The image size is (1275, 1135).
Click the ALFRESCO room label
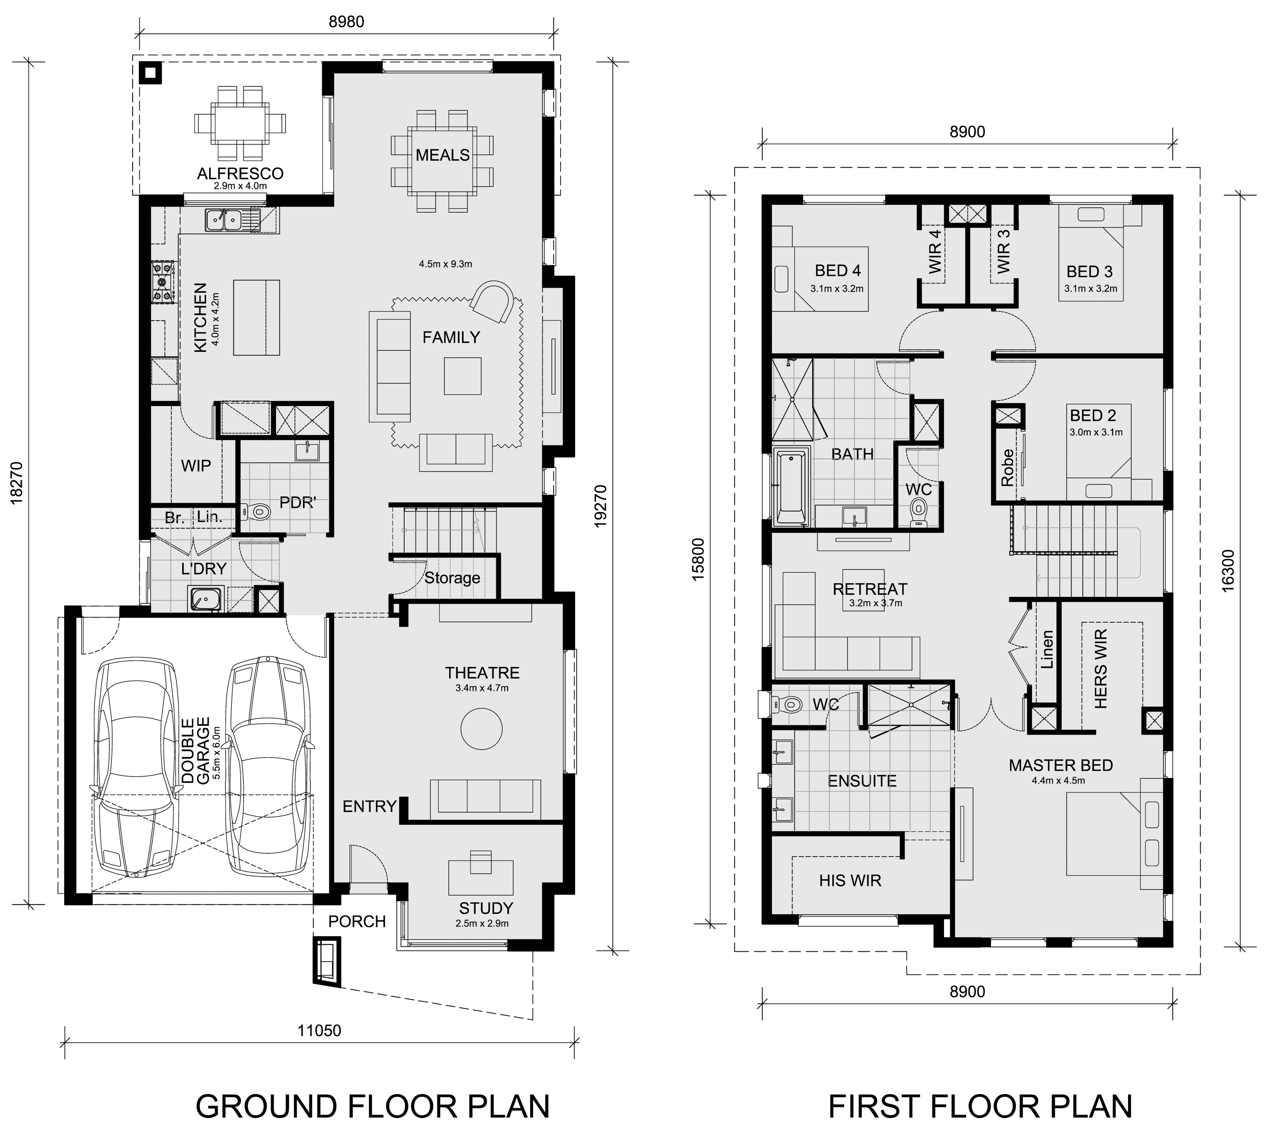[x=240, y=173]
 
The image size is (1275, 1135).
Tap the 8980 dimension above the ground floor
[x=346, y=21]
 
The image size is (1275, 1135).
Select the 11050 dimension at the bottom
[x=319, y=1030]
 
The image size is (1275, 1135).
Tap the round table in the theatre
[x=481, y=729]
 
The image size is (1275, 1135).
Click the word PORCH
[x=357, y=922]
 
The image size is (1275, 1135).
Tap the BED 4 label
[x=838, y=270]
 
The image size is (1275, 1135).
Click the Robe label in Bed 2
[x=1007, y=467]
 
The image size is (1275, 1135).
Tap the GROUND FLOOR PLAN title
[x=373, y=1106]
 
